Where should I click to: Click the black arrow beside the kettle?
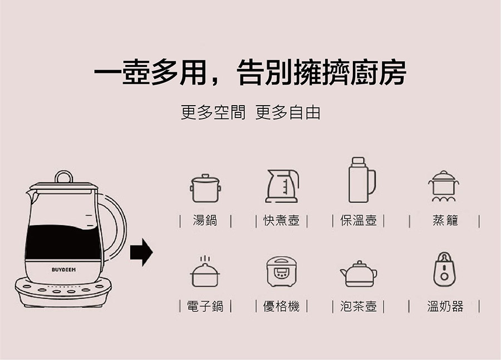click(x=141, y=252)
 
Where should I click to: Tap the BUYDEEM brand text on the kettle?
click(x=64, y=270)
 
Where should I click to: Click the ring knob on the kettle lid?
click(x=64, y=176)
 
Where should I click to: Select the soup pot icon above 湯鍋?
click(x=205, y=188)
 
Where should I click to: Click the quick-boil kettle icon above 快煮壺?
click(x=282, y=186)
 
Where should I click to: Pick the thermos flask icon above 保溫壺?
click(x=362, y=180)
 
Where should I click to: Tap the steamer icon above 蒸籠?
click(x=444, y=186)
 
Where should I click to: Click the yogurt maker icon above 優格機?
click(x=282, y=271)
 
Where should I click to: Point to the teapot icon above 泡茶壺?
click(x=358, y=274)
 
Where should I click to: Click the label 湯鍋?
click(x=205, y=220)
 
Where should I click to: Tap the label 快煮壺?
click(x=282, y=220)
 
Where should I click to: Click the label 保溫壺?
click(x=358, y=220)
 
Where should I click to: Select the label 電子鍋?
click(x=205, y=307)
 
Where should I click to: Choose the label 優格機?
click(x=282, y=307)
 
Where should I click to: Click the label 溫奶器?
click(x=445, y=307)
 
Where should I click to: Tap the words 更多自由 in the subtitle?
click(x=288, y=112)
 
